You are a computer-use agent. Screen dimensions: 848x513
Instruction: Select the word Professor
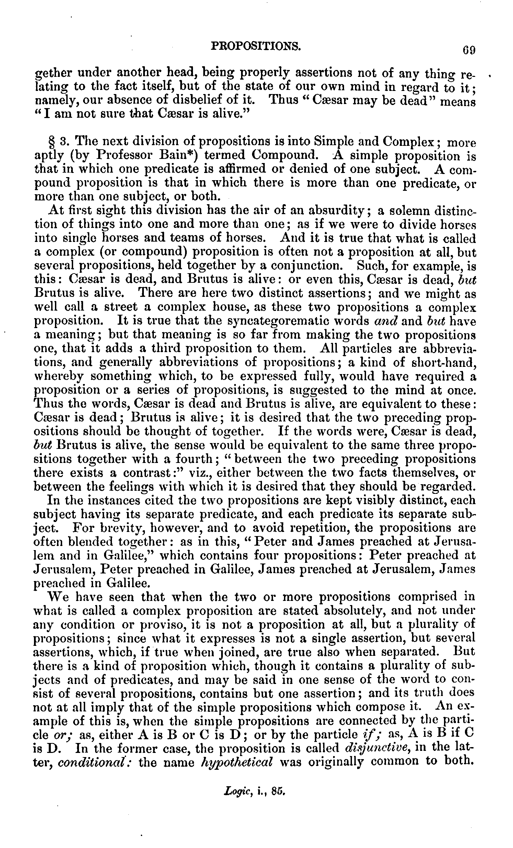point(129,155)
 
